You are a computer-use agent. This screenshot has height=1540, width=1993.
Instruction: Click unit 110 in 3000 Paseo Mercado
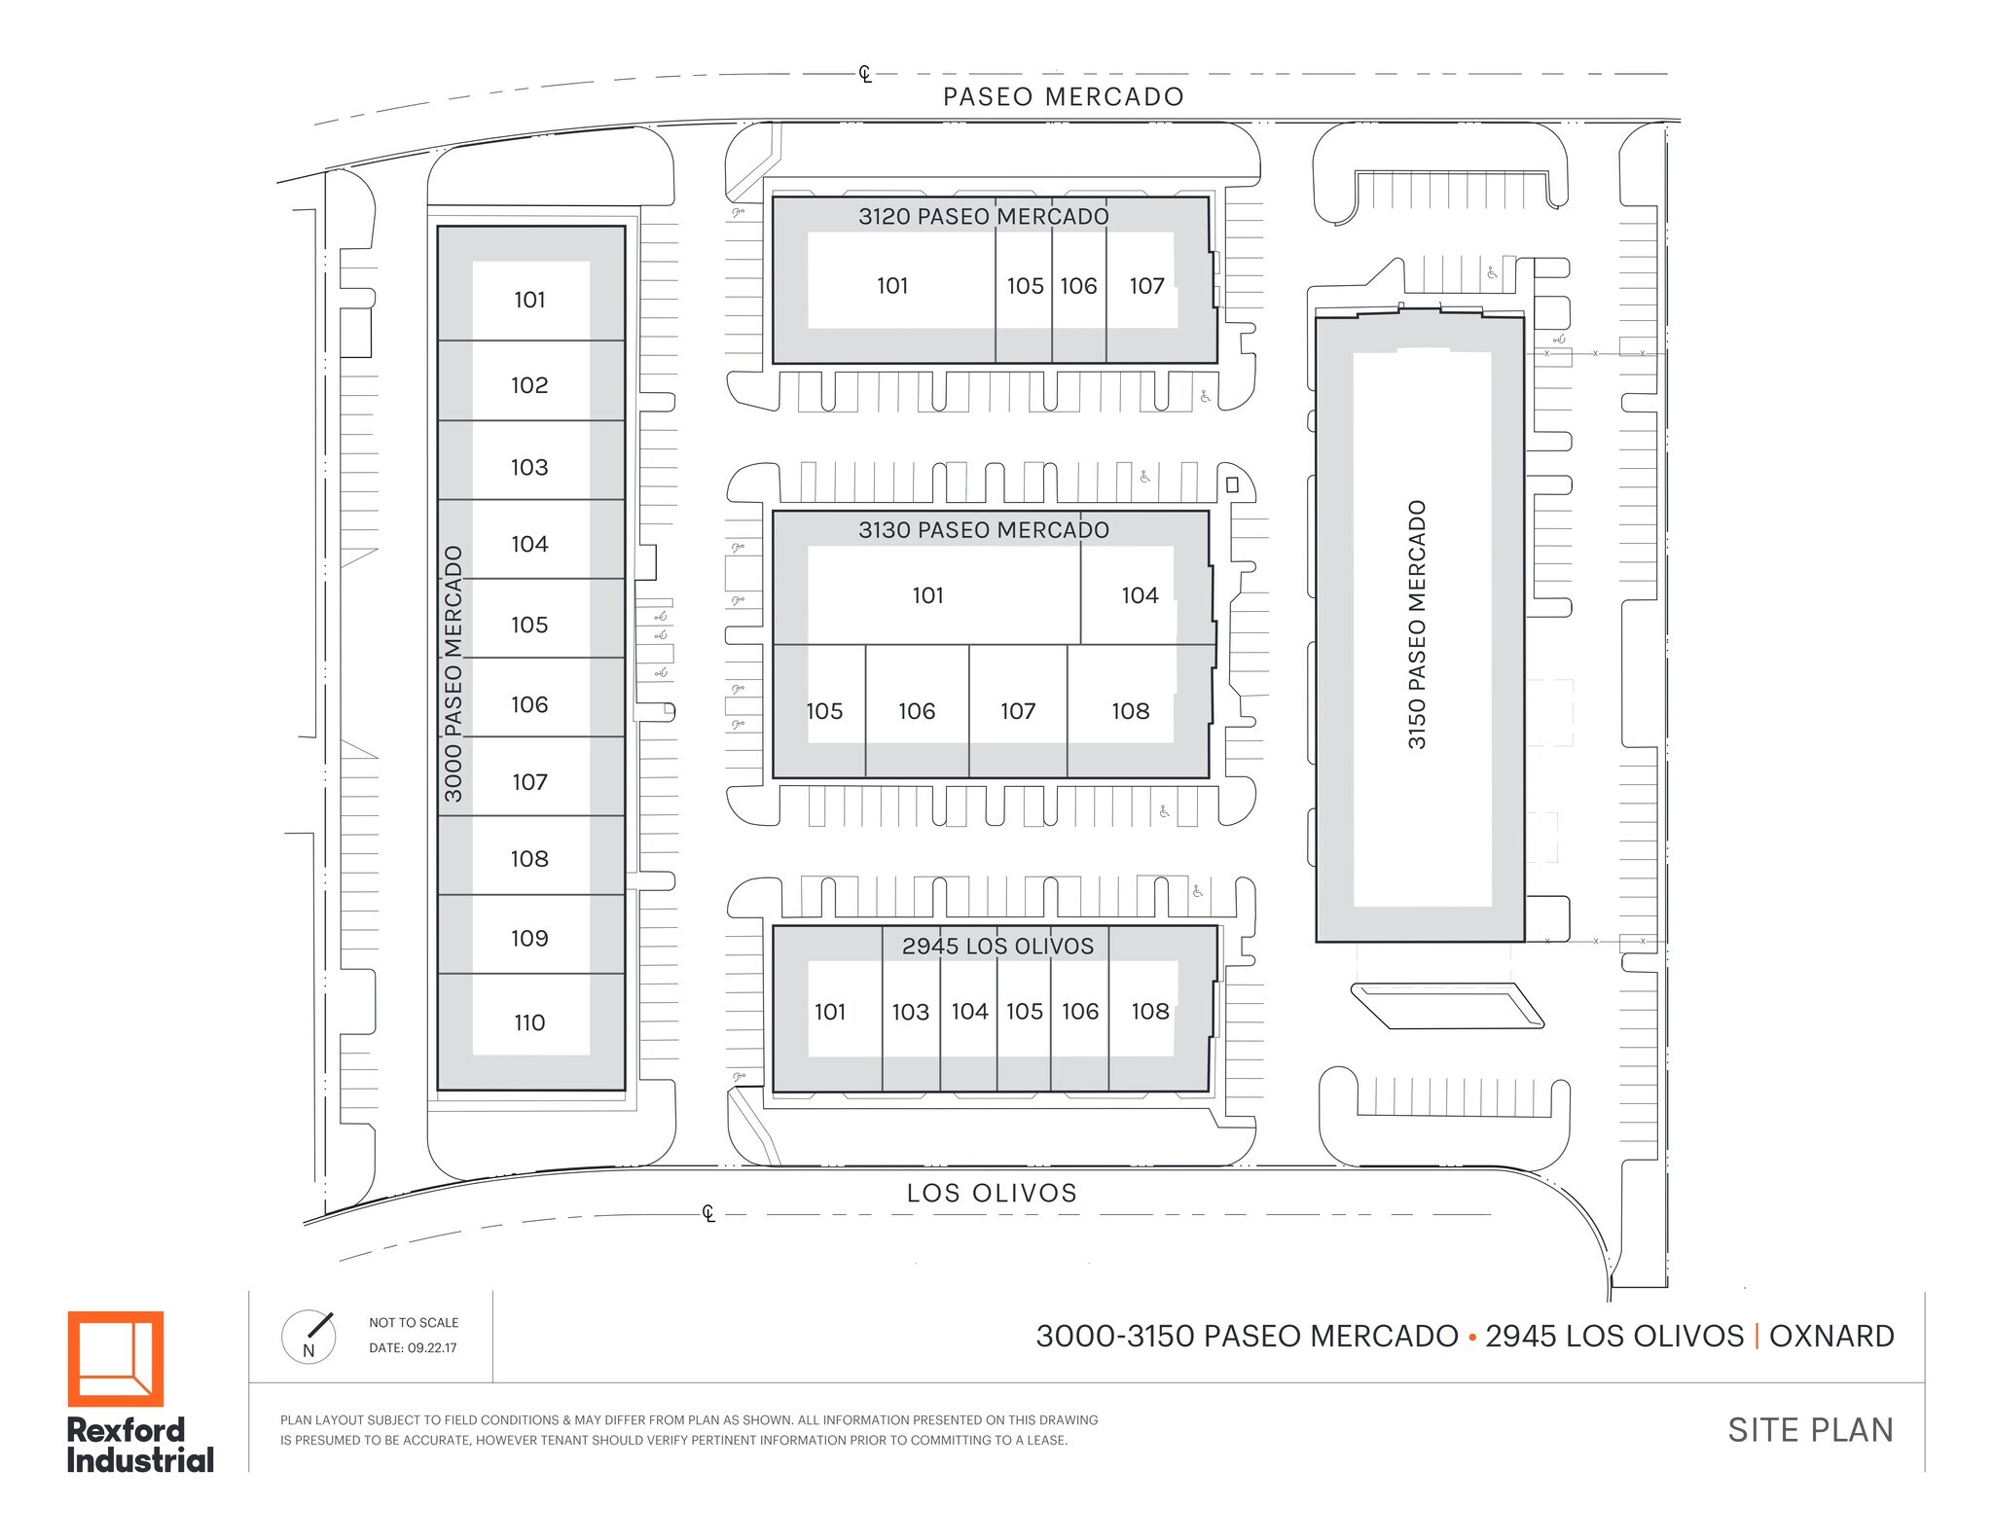529,1022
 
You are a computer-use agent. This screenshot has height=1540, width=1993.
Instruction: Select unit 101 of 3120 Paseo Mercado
892,286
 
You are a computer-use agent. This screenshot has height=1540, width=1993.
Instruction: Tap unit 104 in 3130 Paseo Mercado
1140,595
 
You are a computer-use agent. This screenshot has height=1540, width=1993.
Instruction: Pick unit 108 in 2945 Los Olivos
1150,1012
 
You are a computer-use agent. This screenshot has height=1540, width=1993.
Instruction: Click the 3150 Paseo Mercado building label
1417,625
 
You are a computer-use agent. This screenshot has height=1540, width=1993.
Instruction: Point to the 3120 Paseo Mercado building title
983,217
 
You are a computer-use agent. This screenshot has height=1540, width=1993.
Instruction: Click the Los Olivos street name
992,1194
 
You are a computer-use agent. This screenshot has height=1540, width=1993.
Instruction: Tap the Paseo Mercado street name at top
1063,97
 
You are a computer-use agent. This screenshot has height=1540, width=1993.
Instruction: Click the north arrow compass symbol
308,1337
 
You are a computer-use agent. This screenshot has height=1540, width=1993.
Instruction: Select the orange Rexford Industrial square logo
116,1359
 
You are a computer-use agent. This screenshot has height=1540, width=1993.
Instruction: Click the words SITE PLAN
1810,1430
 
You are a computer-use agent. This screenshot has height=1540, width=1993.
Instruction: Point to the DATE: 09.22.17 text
413,1348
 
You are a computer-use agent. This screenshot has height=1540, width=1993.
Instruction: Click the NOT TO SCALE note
414,1323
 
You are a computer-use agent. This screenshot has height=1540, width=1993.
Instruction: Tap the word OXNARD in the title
1831,1337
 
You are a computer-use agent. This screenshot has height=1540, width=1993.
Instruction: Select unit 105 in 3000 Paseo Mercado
529,625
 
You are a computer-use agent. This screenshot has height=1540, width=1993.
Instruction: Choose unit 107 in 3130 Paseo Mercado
1018,712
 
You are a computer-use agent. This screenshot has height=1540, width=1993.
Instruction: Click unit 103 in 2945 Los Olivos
911,1013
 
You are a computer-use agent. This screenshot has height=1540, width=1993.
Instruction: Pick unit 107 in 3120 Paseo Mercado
1146,286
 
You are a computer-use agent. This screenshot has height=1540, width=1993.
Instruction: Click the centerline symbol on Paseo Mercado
865,74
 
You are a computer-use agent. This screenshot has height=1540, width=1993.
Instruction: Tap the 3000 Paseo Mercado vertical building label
453,673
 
